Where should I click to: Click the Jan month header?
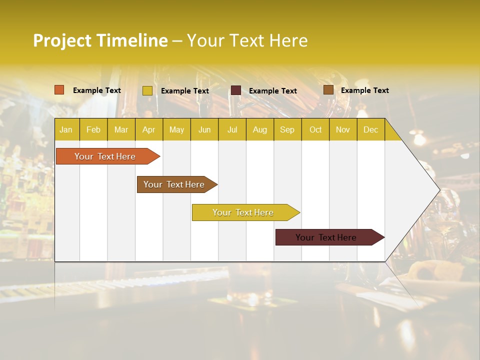66,129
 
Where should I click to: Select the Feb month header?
93,129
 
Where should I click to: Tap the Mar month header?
121,129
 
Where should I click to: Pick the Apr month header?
149,129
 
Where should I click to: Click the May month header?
176,129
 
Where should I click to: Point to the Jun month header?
204,129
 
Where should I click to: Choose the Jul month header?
232,129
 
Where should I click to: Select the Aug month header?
260,129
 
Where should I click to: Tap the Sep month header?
287,129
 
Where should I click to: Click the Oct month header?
315,129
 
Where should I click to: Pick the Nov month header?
343,129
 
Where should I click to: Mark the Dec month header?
370,129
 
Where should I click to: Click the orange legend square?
59,90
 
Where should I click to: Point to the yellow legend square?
147,90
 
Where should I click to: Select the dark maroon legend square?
236,90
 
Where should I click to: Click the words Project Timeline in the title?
100,40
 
